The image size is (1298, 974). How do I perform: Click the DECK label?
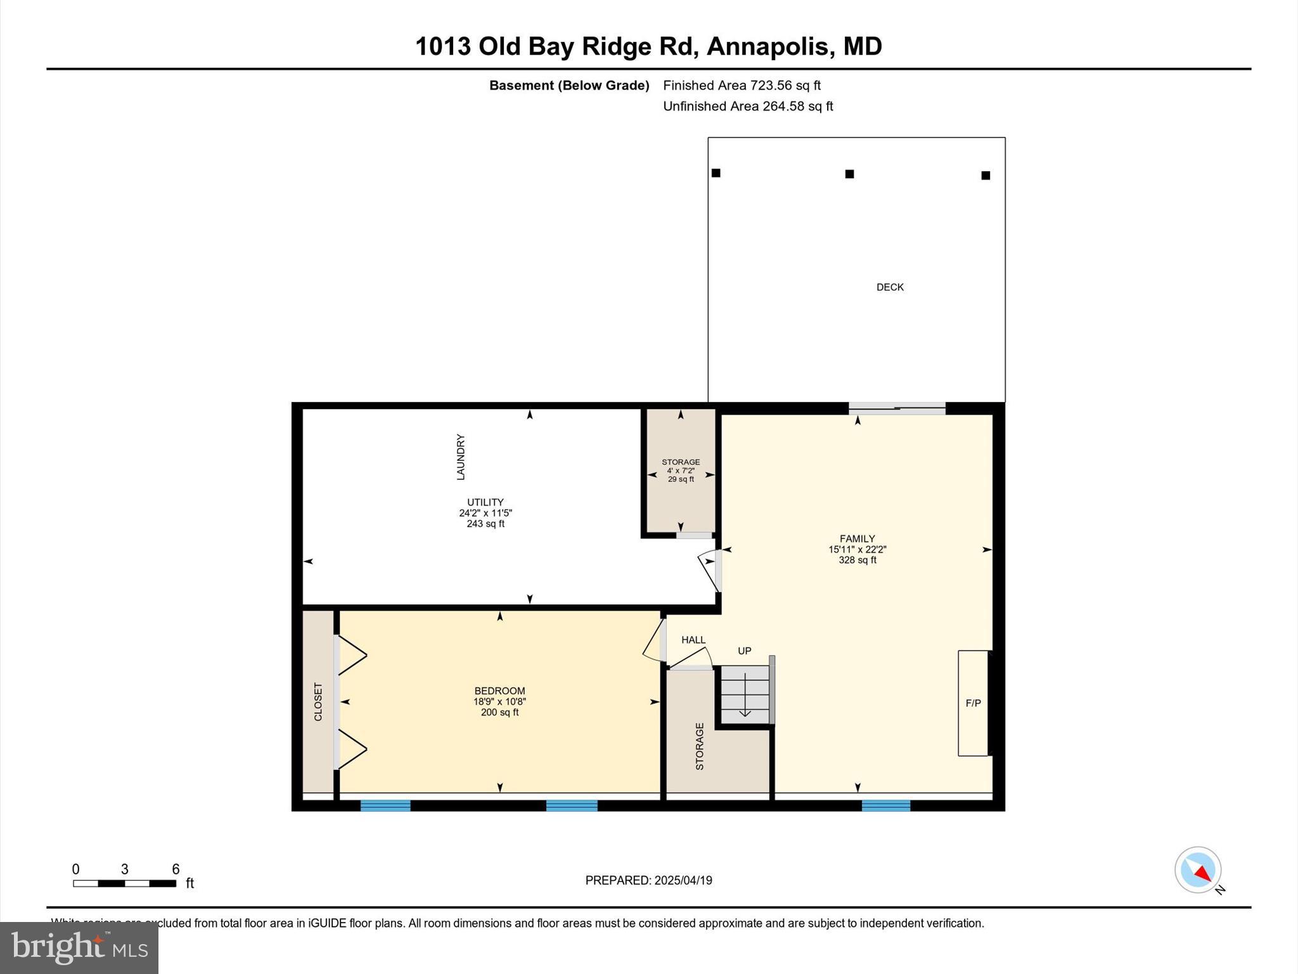[x=890, y=287]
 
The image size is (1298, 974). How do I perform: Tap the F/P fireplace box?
[x=973, y=703]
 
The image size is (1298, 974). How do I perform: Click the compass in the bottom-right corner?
[x=1198, y=870]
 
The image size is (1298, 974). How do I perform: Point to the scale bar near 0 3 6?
[x=124, y=883]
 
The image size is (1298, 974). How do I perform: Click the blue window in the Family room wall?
[x=885, y=805]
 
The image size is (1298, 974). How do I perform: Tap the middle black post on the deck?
[x=849, y=174]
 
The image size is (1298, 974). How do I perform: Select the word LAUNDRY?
[x=461, y=457]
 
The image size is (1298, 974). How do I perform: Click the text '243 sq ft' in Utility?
[x=485, y=524]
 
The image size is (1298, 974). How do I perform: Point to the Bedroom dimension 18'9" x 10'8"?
[x=499, y=701]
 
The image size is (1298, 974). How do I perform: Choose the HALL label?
[x=693, y=640]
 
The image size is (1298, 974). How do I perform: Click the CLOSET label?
[x=318, y=701]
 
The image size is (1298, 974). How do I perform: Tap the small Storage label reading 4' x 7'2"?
[x=681, y=471]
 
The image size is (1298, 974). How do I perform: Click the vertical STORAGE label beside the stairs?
[x=700, y=746]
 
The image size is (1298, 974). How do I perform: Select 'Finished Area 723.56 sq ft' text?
[x=742, y=85]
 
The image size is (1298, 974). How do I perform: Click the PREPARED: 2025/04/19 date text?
[x=648, y=880]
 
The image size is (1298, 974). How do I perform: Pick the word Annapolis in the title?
[x=767, y=46]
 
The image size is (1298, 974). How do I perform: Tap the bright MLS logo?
[x=79, y=947]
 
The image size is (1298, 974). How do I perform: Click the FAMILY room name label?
[x=857, y=538]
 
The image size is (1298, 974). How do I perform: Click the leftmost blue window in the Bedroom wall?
[x=385, y=805]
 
